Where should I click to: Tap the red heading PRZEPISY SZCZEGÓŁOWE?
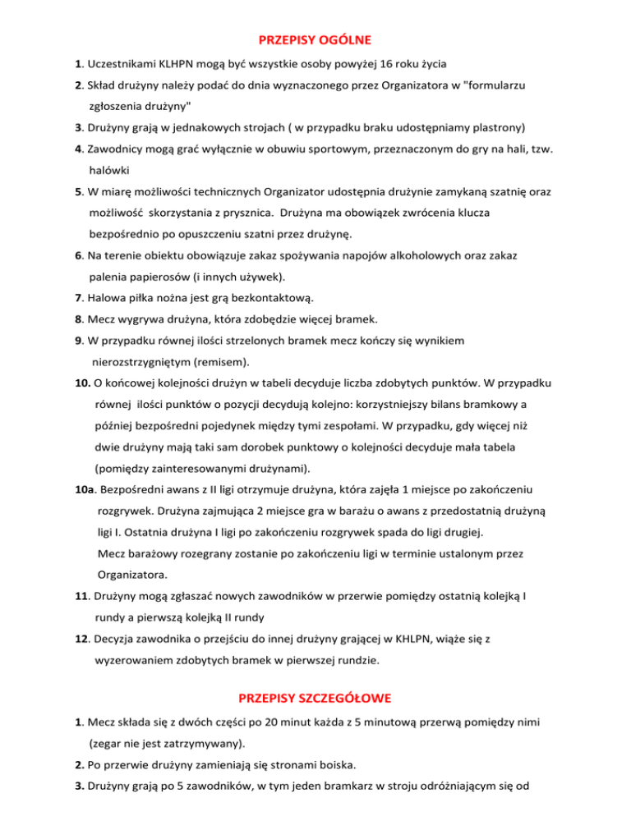point(315,699)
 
